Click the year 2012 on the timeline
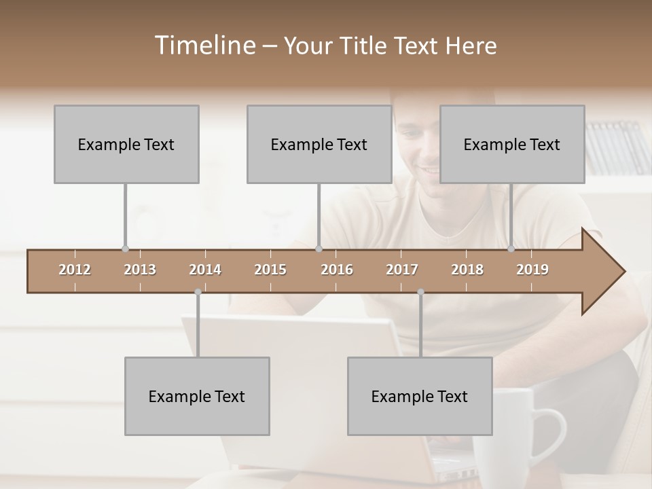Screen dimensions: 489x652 (75, 270)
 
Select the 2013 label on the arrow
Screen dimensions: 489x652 (140, 270)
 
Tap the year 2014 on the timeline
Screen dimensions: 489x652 (205, 270)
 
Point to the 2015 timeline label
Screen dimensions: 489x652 (270, 270)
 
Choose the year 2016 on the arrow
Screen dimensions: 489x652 (337, 270)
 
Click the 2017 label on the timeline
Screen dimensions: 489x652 (402, 270)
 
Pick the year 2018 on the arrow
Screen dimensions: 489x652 (467, 270)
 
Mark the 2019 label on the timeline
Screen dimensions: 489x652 (532, 270)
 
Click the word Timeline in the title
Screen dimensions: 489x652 (204, 46)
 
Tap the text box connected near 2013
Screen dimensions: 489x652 (126, 144)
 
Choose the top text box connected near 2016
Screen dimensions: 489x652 (319, 144)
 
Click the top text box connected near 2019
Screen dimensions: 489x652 (512, 144)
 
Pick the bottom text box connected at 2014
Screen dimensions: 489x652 (197, 396)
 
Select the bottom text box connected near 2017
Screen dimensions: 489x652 (420, 396)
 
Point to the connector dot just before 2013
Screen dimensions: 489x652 (125, 249)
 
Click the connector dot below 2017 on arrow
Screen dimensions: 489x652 (420, 292)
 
